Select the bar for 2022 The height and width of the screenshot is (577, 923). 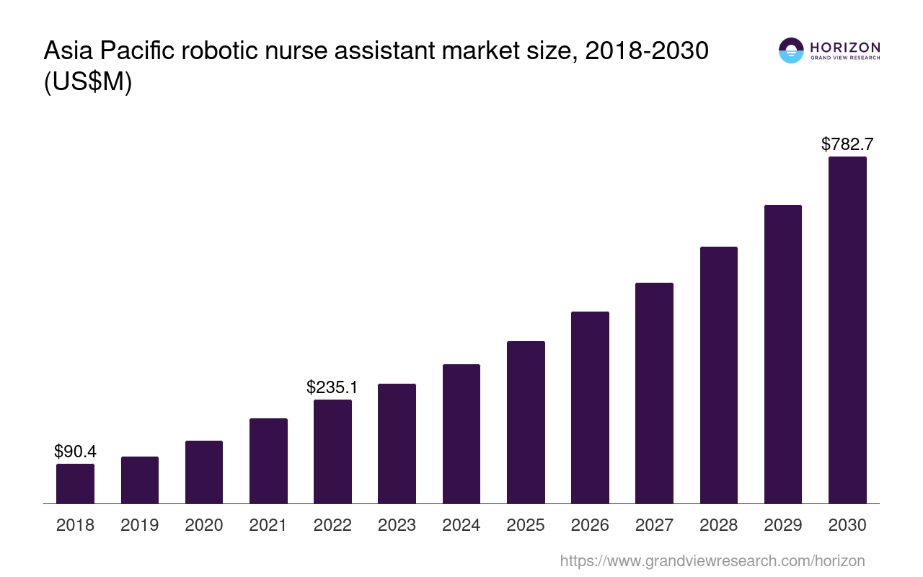(x=332, y=452)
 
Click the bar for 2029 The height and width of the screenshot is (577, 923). (x=783, y=354)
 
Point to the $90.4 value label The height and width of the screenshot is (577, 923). (x=75, y=452)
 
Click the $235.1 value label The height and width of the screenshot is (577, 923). (x=332, y=387)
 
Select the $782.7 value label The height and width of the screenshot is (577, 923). (x=847, y=144)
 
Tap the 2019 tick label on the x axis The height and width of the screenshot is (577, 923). (x=140, y=525)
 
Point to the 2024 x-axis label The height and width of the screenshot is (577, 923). (x=461, y=525)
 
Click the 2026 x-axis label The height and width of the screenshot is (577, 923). (x=590, y=525)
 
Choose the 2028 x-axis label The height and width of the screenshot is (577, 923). (x=719, y=525)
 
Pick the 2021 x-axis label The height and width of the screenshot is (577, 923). (x=268, y=525)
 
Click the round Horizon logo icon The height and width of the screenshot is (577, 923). (x=791, y=50)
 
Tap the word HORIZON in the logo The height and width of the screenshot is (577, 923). (x=845, y=48)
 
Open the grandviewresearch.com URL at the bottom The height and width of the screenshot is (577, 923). (x=712, y=560)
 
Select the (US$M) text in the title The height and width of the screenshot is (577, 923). (x=88, y=82)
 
